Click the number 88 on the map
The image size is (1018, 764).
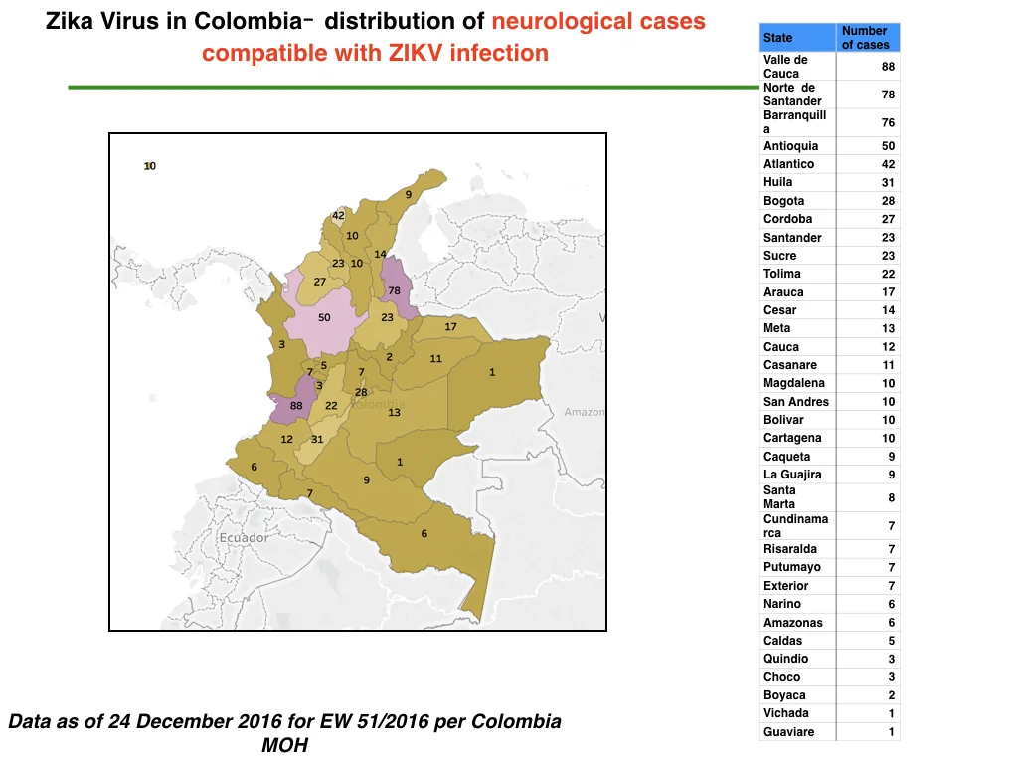[296, 406]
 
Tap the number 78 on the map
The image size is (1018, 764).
[394, 291]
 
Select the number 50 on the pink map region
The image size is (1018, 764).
[324, 317]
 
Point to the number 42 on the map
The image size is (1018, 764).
[338, 215]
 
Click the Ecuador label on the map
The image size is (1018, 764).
[244, 538]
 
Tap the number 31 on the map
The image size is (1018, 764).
[317, 439]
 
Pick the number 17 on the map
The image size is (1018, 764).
[450, 326]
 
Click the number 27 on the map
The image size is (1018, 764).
[319, 282]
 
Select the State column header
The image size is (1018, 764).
[777, 38]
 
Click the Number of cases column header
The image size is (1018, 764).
[866, 38]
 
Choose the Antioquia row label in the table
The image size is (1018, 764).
[790, 146]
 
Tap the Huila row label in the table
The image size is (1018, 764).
[777, 182]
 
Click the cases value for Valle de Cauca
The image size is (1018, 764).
[888, 67]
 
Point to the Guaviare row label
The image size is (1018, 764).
[788, 731]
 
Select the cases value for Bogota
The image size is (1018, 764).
[888, 201]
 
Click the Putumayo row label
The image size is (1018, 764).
[792, 567]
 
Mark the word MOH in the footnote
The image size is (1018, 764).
[284, 745]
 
